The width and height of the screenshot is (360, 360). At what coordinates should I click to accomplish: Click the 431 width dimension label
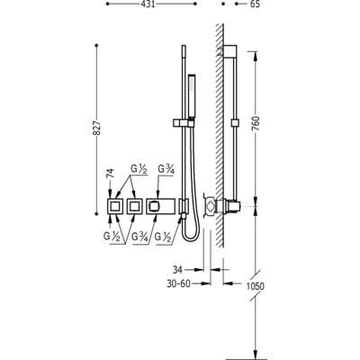(148, 4)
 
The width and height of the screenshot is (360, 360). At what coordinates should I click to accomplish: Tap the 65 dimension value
(255, 4)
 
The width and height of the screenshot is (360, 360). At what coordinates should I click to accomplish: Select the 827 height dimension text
(96, 128)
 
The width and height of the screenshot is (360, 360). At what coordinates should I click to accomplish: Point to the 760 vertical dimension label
(256, 123)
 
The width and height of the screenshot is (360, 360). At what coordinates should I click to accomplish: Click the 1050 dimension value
(256, 286)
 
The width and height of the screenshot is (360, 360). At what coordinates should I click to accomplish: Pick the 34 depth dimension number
(177, 270)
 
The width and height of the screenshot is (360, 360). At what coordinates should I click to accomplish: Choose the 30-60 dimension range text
(179, 283)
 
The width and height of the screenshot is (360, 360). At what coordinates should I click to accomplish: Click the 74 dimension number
(111, 174)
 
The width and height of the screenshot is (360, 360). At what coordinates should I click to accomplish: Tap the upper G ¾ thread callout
(166, 170)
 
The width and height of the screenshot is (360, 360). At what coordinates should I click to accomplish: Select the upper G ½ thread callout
(139, 170)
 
